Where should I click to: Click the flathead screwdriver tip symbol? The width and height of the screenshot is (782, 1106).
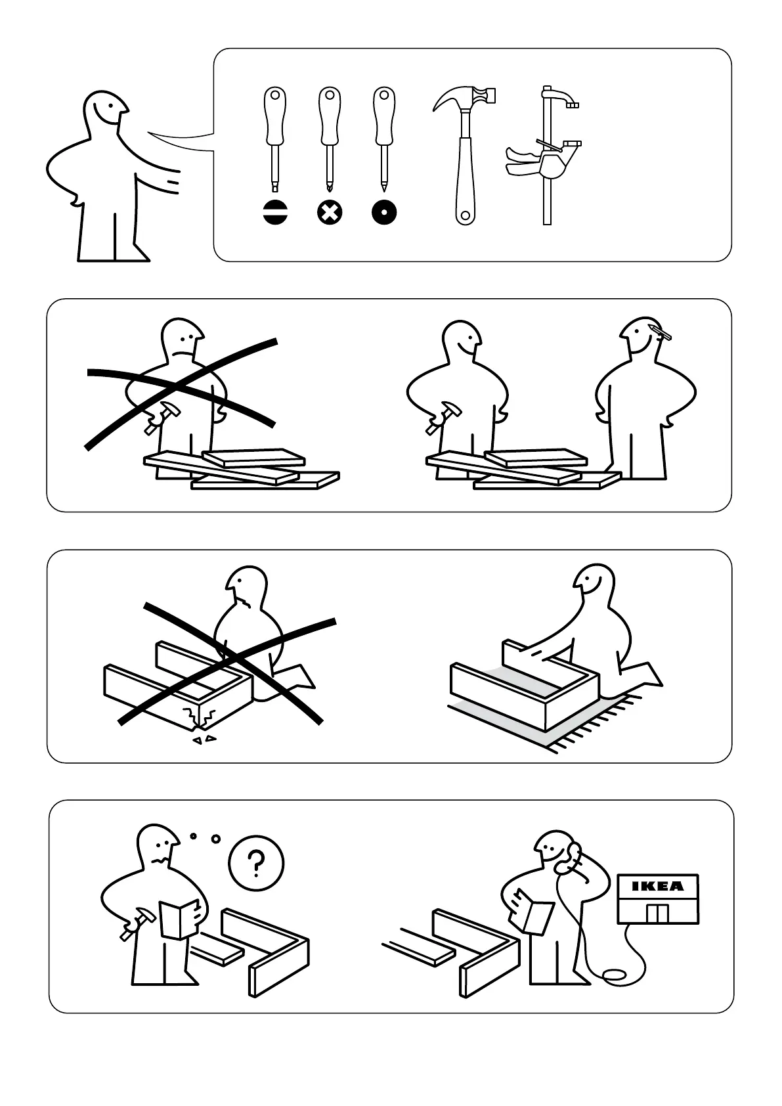point(276,213)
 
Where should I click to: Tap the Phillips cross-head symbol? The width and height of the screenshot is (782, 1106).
point(330,213)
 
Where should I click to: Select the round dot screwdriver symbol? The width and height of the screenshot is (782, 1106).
point(384,213)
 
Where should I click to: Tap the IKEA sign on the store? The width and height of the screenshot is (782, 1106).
point(658,886)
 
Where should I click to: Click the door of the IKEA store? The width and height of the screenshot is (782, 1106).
point(658,914)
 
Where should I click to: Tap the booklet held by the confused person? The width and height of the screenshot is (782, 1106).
point(179,918)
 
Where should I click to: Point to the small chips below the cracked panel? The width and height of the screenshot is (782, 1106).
point(204,740)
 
